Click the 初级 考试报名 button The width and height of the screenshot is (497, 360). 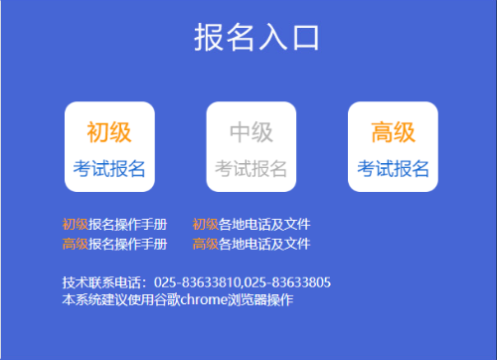[x=109, y=147]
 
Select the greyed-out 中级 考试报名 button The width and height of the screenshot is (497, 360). [x=250, y=147]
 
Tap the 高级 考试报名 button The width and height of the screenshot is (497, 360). [x=393, y=147]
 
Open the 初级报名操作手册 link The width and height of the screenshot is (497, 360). [x=114, y=225]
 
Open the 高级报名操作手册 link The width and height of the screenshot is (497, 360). [x=114, y=244]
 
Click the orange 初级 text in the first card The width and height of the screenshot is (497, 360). [x=109, y=131]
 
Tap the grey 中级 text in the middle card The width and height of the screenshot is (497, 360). [x=250, y=131]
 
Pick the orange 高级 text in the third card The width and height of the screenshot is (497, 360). [x=393, y=131]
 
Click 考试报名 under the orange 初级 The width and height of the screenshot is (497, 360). [x=109, y=168]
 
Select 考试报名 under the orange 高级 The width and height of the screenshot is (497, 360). [x=393, y=168]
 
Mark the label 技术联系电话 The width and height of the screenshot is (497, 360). [x=100, y=282]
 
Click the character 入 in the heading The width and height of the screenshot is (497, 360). [x=272, y=38]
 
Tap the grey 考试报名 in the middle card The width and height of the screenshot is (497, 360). [x=250, y=168]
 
